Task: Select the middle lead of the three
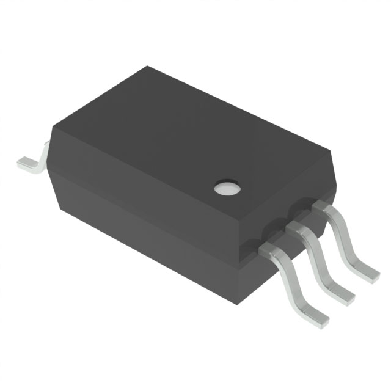tap(321, 257)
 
